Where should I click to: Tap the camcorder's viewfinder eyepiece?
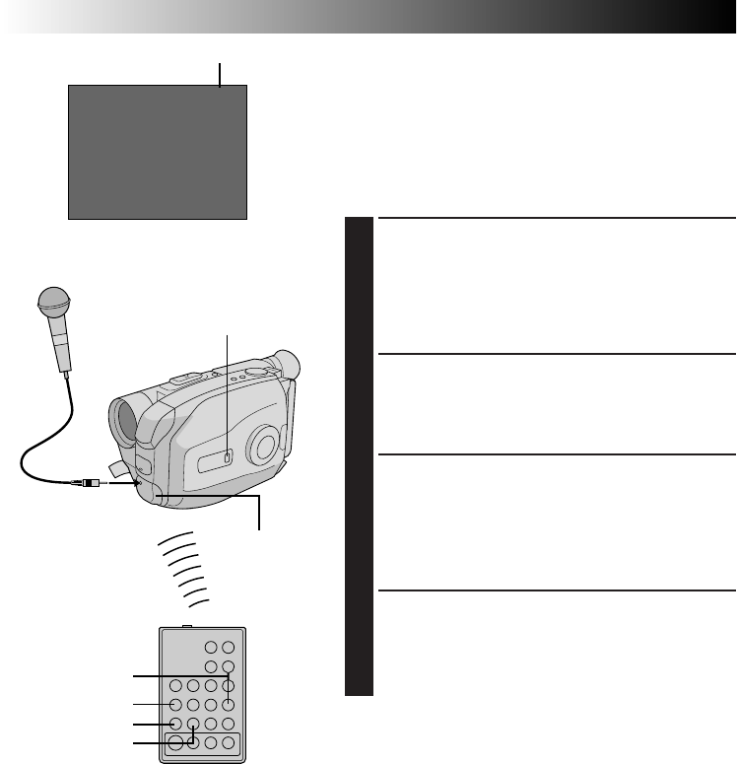coord(283,365)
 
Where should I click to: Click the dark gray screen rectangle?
coord(157,152)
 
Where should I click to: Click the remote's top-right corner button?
coord(228,648)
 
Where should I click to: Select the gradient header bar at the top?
coord(368,18)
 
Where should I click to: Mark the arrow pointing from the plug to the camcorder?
coord(122,483)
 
